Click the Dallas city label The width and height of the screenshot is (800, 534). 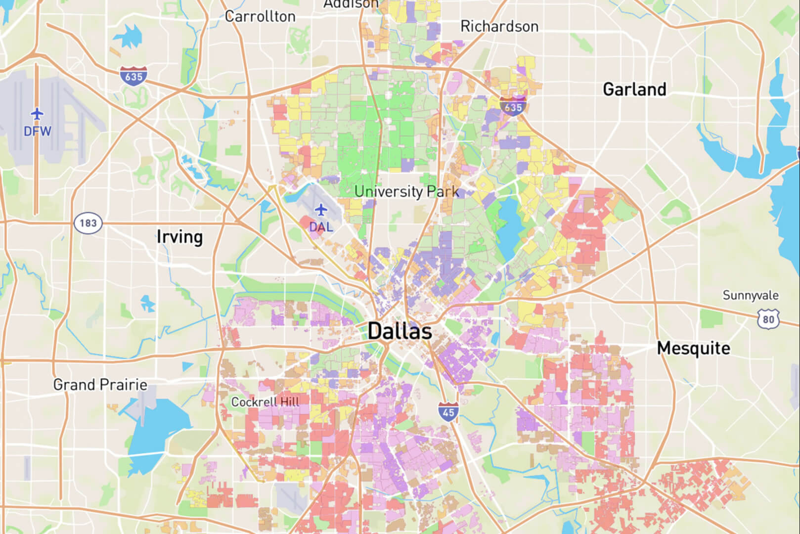400,331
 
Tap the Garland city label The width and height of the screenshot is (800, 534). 634,89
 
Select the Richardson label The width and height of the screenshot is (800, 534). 499,26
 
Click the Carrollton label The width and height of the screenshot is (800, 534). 260,16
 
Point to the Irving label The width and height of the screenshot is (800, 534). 179,237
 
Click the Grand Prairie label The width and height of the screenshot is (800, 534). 100,385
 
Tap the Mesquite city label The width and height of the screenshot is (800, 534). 693,348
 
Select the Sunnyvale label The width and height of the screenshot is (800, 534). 750,295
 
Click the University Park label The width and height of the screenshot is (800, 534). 406,191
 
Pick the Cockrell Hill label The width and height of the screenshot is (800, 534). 266,402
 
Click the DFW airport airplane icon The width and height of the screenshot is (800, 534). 37,114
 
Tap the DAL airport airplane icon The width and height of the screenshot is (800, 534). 321,210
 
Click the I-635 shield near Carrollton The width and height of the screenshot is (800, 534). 133,76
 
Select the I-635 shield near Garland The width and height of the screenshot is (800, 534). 513,107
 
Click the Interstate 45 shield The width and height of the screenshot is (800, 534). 448,412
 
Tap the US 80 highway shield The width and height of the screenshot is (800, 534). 768,319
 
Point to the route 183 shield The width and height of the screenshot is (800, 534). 88,223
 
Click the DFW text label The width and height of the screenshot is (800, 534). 38,131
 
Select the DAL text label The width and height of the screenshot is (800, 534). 321,227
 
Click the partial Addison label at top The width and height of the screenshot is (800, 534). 351,4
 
